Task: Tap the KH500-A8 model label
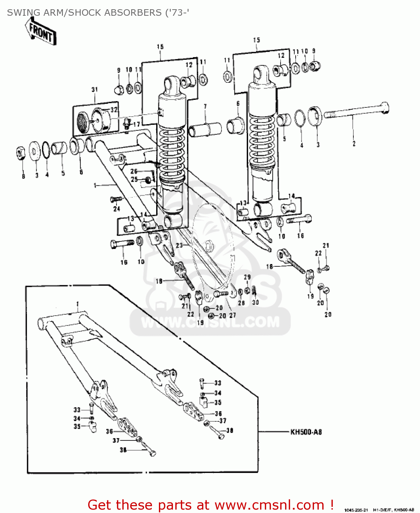tap(306, 432)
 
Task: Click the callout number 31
tap(95, 90)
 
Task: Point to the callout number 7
tap(205, 107)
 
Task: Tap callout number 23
tap(179, 245)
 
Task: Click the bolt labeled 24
tap(116, 199)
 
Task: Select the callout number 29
tap(247, 277)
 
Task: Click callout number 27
tap(232, 315)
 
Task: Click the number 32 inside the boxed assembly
tap(114, 110)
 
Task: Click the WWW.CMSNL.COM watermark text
tap(210, 322)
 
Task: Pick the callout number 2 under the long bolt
tap(354, 144)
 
